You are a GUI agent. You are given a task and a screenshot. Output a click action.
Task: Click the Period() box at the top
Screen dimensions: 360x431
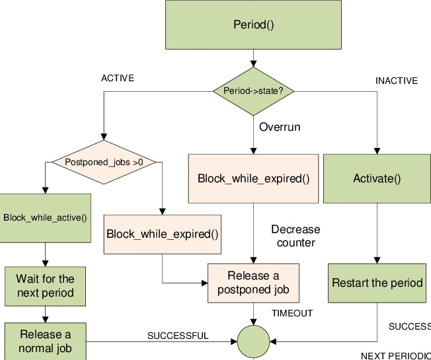[x=253, y=24]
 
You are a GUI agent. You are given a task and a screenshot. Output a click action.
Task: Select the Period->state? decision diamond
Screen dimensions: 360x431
[x=253, y=90]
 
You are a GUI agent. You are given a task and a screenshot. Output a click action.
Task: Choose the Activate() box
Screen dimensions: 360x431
[x=377, y=178]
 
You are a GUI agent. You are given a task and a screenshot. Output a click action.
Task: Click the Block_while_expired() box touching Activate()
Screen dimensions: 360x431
[x=254, y=178]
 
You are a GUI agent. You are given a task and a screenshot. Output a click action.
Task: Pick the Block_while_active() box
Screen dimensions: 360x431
[x=45, y=217]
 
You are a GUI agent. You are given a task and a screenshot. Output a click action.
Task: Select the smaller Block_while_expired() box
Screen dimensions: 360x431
[x=163, y=234]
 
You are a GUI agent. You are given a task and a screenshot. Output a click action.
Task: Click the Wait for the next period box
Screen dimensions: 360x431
[x=45, y=286]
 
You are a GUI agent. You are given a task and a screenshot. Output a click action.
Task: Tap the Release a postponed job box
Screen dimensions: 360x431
[x=253, y=283]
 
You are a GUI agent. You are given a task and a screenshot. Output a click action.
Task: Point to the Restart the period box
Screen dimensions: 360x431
[x=377, y=283]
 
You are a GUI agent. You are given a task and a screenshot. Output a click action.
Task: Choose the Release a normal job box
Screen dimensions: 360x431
[x=45, y=342]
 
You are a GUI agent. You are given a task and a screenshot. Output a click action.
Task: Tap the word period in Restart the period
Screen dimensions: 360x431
[x=406, y=283]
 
